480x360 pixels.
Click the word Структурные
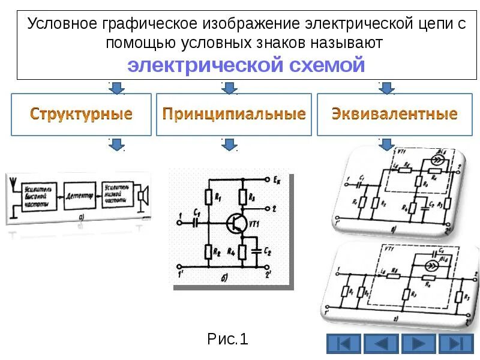click(81, 113)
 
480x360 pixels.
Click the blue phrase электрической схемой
click(246, 65)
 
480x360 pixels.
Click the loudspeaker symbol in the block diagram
click(143, 196)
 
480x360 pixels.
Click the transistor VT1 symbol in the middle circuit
click(236, 223)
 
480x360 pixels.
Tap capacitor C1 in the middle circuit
click(194, 222)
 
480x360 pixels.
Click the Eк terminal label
click(276, 179)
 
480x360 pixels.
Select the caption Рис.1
click(228, 340)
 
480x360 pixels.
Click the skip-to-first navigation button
click(343, 344)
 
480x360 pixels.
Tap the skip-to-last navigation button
click(456, 344)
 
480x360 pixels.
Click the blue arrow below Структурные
click(116, 145)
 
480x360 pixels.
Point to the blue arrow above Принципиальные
click(229, 89)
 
